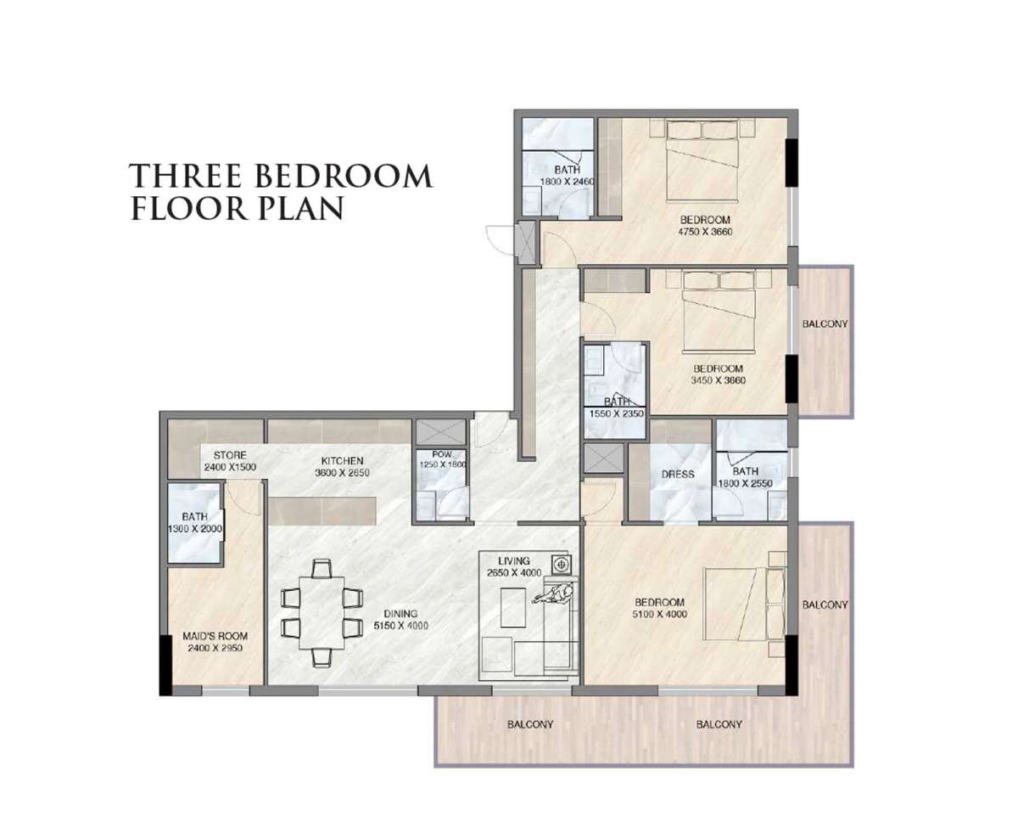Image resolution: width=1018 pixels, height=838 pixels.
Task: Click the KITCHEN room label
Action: click(342, 461)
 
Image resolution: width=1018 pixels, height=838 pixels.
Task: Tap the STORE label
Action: click(230, 455)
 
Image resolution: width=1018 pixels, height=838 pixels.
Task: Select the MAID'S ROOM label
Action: click(215, 636)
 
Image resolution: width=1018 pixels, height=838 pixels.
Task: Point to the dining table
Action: click(322, 613)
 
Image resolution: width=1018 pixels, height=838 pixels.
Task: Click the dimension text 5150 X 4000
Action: click(400, 626)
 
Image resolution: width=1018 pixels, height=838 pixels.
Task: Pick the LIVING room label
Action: click(514, 560)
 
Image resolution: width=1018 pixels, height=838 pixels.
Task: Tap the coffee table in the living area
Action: click(513, 607)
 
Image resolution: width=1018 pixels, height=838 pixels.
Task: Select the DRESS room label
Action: click(678, 475)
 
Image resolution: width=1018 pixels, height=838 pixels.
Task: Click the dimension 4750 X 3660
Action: click(705, 231)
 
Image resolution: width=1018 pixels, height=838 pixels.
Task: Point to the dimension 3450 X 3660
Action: click(718, 380)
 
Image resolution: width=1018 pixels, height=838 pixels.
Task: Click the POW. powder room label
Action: click(442, 454)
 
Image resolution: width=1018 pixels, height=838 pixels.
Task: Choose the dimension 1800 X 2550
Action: click(746, 483)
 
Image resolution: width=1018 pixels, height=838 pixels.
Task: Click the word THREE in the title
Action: click(186, 176)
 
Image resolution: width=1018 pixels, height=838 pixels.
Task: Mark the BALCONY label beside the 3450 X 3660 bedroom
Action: click(825, 323)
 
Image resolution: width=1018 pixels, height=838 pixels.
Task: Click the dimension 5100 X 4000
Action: click(659, 615)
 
